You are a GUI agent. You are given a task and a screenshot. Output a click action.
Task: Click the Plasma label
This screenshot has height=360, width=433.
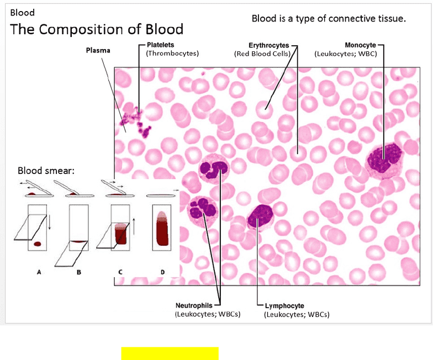(98, 50)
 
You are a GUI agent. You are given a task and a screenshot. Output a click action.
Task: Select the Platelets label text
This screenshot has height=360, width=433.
(160, 45)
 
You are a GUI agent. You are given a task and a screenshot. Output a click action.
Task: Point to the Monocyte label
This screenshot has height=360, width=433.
(360, 45)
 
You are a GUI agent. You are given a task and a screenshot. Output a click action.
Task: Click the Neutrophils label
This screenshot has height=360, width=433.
(194, 305)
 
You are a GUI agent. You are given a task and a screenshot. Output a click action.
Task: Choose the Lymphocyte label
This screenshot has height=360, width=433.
(284, 306)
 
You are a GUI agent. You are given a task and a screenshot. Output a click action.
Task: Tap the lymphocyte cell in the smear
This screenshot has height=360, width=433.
(260, 216)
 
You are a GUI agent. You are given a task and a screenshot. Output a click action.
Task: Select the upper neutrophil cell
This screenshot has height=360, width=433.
(213, 169)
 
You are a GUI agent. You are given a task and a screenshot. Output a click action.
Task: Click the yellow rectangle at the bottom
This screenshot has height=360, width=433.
(170, 353)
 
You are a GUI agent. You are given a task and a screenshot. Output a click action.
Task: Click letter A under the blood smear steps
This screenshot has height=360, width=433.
(39, 272)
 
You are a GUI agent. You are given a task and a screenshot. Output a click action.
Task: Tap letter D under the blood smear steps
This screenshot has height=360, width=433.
(162, 272)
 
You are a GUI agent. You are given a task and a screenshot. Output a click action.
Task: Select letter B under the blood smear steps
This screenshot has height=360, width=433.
(79, 272)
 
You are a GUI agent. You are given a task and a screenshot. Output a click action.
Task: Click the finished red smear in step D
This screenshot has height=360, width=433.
(162, 229)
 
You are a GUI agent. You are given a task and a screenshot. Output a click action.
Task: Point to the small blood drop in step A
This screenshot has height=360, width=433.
(38, 244)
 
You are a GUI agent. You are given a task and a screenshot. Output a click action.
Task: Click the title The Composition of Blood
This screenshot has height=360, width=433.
(97, 29)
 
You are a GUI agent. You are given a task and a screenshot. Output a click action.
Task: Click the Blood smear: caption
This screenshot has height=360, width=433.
(46, 171)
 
